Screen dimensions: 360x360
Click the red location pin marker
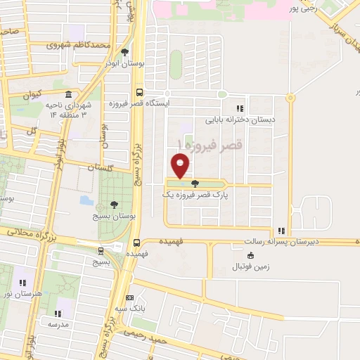(x=181, y=166)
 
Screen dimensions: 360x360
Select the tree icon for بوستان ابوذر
(x=125, y=52)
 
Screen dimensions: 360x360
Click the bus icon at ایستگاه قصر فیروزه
(x=139, y=92)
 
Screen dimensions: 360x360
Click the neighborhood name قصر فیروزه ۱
(x=210, y=146)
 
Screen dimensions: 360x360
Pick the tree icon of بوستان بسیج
(x=114, y=205)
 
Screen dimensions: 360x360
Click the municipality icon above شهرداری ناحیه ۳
(x=68, y=95)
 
